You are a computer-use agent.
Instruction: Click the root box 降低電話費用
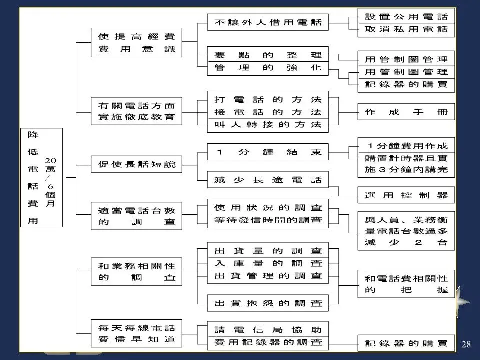[41, 177]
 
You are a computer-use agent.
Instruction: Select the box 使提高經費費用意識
[136, 43]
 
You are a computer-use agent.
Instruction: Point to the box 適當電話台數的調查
[136, 216]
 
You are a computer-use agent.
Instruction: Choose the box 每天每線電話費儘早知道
[136, 334]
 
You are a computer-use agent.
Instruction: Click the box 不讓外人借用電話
[268, 22]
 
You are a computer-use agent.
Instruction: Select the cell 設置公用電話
[406, 16]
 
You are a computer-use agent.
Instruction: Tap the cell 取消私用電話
[406, 29]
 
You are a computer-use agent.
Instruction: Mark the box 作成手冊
[406, 112]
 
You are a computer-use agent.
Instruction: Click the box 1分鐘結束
[268, 152]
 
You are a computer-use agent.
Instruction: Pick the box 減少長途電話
[268, 179]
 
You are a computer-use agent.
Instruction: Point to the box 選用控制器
[406, 195]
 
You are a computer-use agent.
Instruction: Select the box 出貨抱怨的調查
[268, 303]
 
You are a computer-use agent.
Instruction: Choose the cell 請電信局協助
[268, 329]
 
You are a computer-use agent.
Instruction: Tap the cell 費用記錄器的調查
[268, 343]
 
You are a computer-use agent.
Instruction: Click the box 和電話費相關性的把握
[406, 284]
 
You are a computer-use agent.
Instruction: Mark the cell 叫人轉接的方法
[268, 125]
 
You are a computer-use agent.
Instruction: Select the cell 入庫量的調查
[268, 263]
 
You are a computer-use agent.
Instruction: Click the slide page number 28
[467, 344]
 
